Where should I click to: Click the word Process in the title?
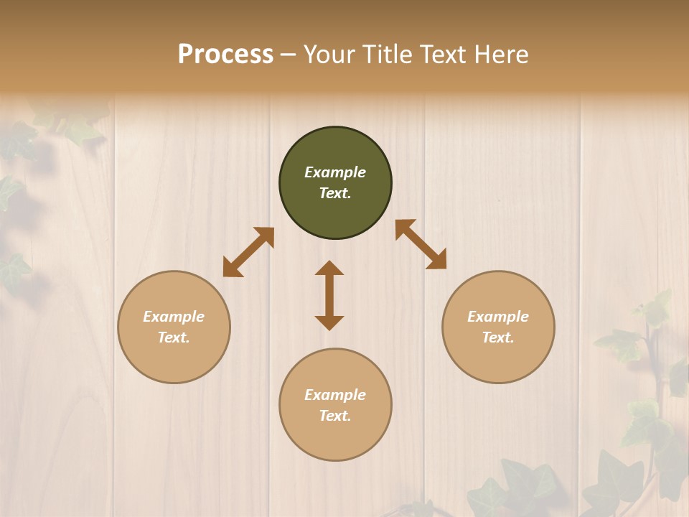pos(225,55)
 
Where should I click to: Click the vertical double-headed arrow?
pos(329,295)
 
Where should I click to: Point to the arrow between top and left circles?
pos(248,252)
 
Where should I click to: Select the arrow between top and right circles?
pos(421,244)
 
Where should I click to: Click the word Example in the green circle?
pos(335,172)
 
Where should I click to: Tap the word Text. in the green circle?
pos(335,193)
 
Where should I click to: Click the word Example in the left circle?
pos(174,317)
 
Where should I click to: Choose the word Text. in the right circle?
pos(498,337)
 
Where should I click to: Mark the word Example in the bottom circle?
pos(335,395)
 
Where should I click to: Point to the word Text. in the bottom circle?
pos(335,416)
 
